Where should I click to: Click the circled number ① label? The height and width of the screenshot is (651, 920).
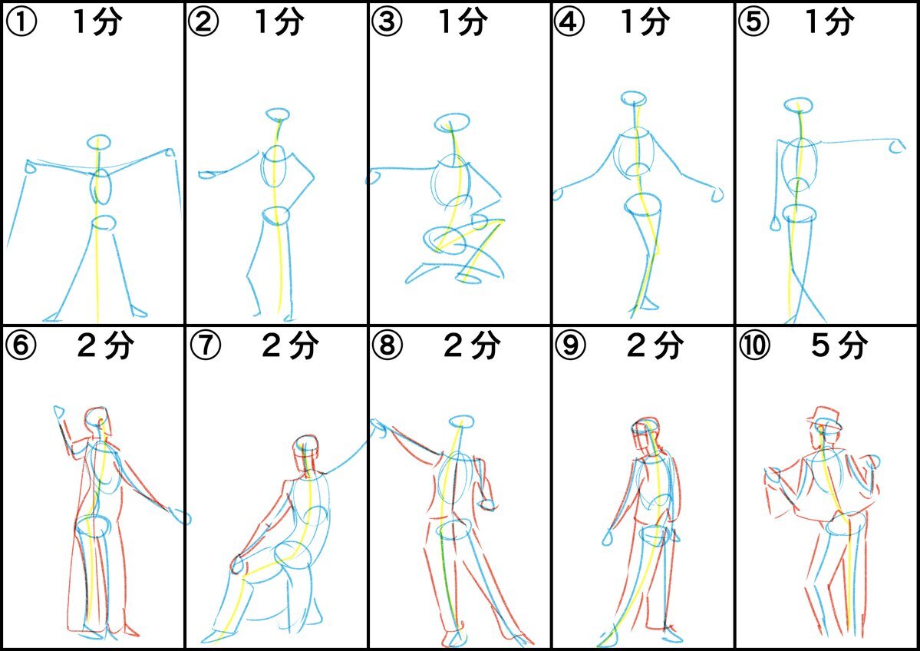click(21, 21)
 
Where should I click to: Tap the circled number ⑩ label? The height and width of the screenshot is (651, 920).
click(754, 345)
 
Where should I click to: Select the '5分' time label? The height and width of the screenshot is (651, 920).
click(839, 345)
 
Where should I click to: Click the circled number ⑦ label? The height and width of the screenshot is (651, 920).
click(206, 345)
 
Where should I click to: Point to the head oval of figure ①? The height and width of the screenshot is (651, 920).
click(99, 142)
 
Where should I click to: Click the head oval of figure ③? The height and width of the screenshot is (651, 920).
click(452, 124)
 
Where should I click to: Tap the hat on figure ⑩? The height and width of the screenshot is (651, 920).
click(824, 417)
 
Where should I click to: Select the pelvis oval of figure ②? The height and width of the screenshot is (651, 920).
click(275, 216)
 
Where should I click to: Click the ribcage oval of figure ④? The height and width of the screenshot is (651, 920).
click(635, 152)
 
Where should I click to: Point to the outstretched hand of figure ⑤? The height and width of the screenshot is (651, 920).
click(896, 146)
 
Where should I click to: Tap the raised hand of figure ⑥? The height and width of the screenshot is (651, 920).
click(60, 412)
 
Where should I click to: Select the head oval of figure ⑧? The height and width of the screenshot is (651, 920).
click(461, 421)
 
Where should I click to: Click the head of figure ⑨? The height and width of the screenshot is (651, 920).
click(645, 434)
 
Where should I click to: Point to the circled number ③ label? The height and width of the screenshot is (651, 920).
click(387, 21)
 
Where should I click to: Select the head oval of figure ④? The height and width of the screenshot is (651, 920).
click(634, 98)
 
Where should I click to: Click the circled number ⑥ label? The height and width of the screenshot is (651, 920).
click(21, 345)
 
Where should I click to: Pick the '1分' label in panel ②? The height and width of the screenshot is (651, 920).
click(279, 21)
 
